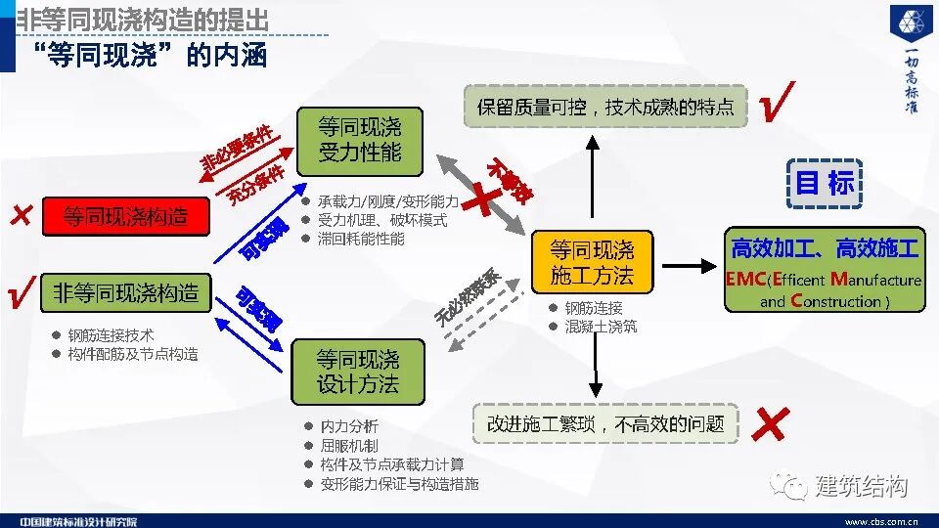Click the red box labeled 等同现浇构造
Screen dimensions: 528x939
(x=125, y=216)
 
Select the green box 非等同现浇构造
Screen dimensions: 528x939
(x=125, y=292)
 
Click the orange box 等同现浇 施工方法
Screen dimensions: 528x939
(x=591, y=263)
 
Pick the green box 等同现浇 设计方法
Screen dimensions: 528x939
(x=358, y=372)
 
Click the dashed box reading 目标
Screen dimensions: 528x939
(x=825, y=183)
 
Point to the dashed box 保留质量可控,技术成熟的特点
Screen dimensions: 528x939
(x=604, y=107)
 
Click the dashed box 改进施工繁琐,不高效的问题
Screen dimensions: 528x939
(x=605, y=424)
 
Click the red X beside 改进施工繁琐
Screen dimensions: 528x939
(x=771, y=424)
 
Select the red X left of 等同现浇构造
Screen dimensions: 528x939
(x=20, y=216)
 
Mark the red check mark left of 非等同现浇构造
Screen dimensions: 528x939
(x=20, y=292)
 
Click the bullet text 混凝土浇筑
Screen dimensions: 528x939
(x=600, y=326)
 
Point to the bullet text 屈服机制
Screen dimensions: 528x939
(x=348, y=445)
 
